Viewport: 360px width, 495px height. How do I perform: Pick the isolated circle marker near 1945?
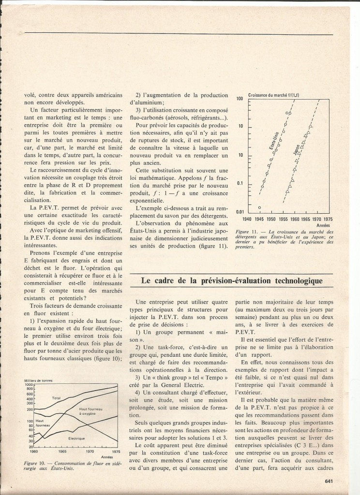260,207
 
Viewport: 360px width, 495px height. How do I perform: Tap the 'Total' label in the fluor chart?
56,398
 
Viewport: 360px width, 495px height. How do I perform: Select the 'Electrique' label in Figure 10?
76,438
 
